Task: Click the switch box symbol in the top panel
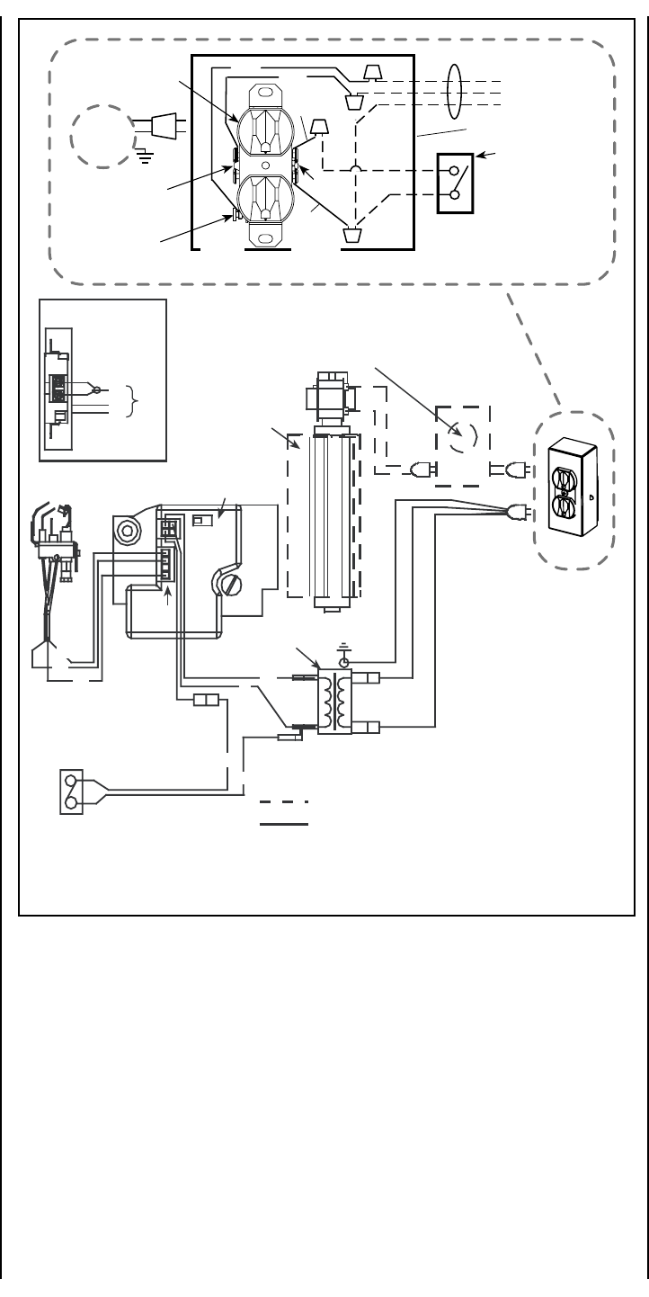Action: [x=454, y=182]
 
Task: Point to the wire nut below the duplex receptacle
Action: [x=351, y=236]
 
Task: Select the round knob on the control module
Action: [x=129, y=532]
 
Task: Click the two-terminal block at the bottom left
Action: [x=72, y=792]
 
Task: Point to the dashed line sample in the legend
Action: [x=284, y=801]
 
